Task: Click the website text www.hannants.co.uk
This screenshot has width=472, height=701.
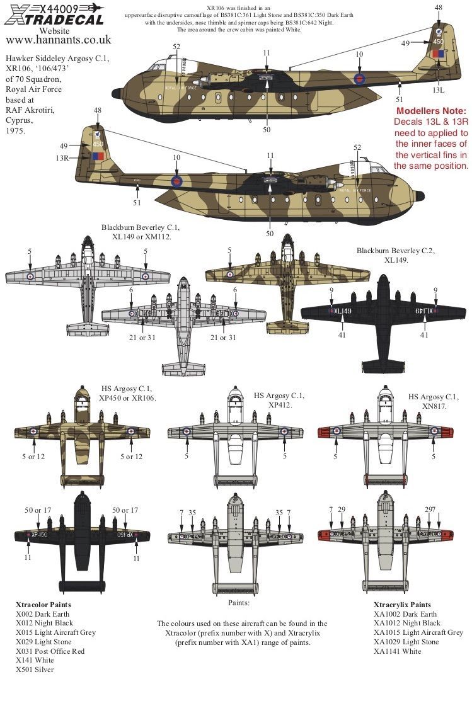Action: pyautogui.click(x=57, y=40)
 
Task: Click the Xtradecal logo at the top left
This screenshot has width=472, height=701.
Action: pyautogui.click(x=53, y=14)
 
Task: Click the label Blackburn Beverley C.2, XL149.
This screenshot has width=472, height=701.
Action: pyautogui.click(x=395, y=255)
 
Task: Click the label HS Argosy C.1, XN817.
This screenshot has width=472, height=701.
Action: pyautogui.click(x=434, y=401)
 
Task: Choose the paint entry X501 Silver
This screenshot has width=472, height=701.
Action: pyautogui.click(x=35, y=670)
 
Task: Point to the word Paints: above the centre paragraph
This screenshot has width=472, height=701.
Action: pyautogui.click(x=236, y=603)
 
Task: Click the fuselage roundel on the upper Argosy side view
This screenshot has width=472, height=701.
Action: pyautogui.click(x=359, y=79)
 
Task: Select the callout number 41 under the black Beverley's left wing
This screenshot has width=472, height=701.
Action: pyautogui.click(x=342, y=335)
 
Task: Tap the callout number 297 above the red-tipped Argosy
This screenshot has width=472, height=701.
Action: pyautogui.click(x=430, y=509)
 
